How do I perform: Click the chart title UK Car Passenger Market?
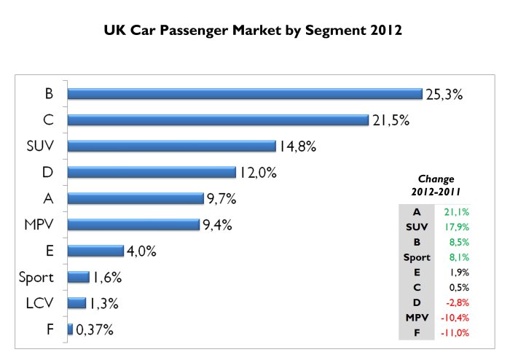point(254,31)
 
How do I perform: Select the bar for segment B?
point(245,93)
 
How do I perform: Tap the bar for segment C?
point(218,120)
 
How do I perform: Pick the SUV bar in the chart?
point(171,146)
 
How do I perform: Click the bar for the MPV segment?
point(133,224)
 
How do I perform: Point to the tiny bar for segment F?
point(70,329)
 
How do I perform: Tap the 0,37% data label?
point(95,330)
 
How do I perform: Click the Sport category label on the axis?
point(36,277)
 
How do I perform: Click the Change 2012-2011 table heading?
point(436,185)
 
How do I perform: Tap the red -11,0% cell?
point(455,332)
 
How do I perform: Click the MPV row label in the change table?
point(417,318)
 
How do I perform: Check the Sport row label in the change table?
point(417,257)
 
